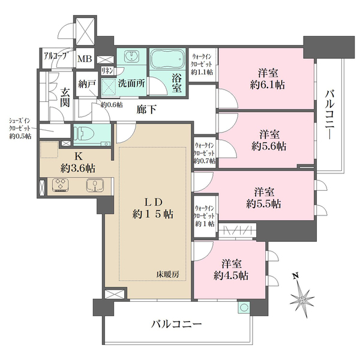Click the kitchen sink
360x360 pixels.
[93, 185]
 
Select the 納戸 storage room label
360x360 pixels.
[86, 84]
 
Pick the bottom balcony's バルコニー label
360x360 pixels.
[175, 325]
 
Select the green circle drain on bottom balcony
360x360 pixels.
[243, 308]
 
